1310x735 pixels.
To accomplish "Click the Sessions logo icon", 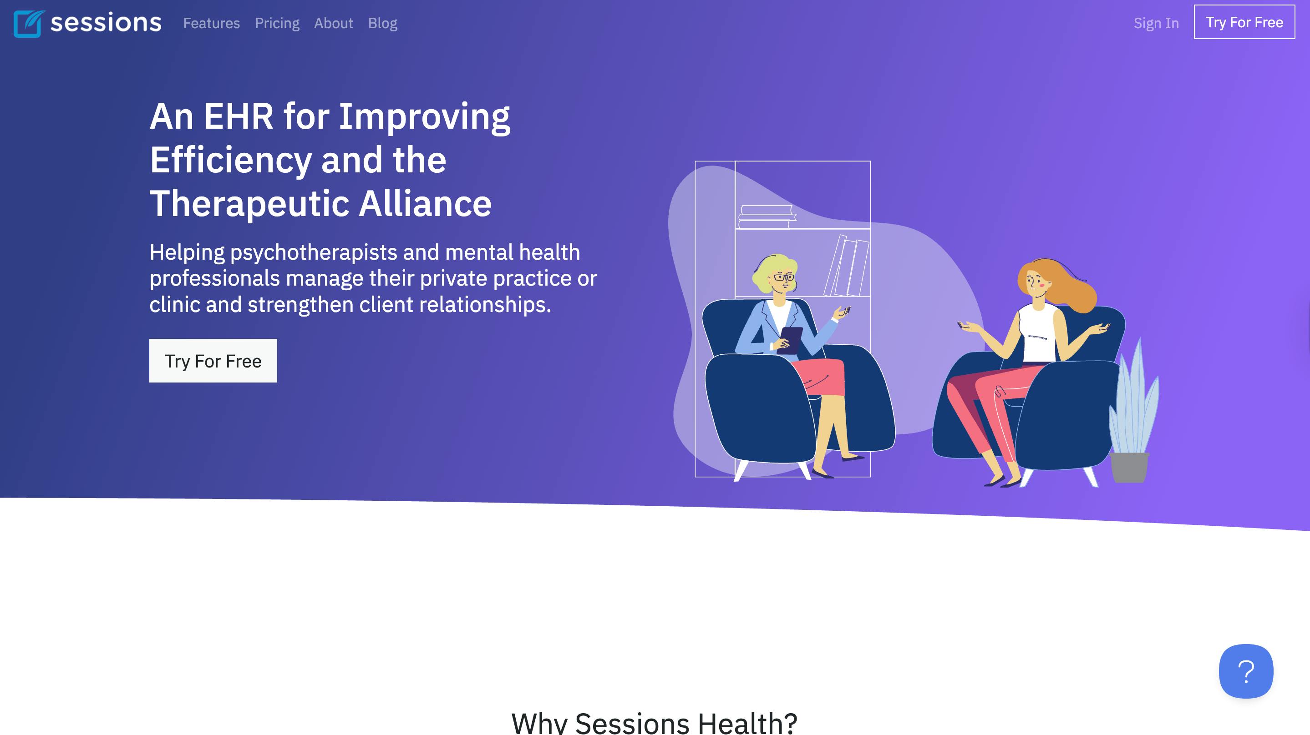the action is tap(29, 23).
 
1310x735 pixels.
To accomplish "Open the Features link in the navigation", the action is tap(212, 23).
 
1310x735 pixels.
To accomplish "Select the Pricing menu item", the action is tap(277, 23).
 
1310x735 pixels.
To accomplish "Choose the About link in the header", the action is tap(334, 23).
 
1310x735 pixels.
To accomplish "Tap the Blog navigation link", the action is tap(383, 23).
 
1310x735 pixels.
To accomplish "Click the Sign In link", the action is tap(1156, 23).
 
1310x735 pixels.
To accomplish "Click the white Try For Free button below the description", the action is tap(213, 361).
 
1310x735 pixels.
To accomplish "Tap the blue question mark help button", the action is tap(1246, 671).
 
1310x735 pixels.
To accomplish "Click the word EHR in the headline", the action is tap(239, 116).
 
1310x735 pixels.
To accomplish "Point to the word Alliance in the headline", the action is tap(425, 204).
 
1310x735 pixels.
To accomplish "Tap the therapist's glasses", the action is tap(784, 277).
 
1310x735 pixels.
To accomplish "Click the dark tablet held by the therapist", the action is tap(790, 340).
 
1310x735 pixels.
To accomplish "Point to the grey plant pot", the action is tap(1129, 467).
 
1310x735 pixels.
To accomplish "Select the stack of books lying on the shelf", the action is tap(767, 217).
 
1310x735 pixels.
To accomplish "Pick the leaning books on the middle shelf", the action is tap(847, 266).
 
